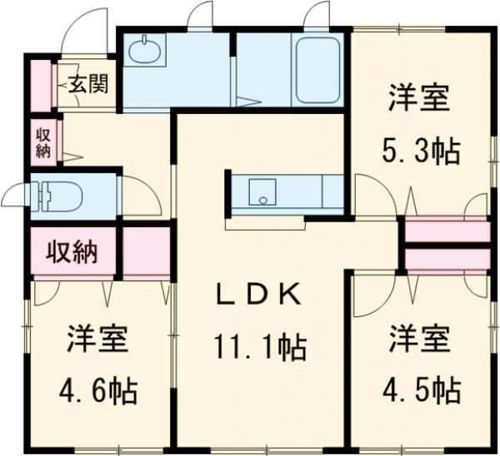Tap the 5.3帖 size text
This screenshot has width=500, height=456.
[419, 152]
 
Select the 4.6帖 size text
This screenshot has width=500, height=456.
[97, 389]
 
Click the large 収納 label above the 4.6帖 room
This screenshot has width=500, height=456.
[72, 250]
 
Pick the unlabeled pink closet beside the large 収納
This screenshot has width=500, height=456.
[146, 250]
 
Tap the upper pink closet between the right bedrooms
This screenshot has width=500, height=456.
[447, 231]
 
